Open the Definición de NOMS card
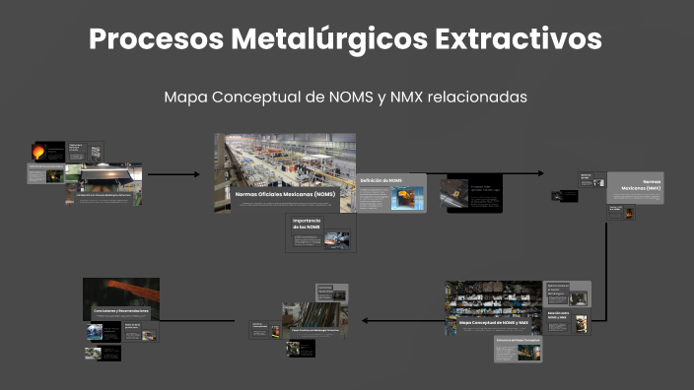pyautogui.click(x=391, y=193)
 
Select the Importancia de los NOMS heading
pyautogui.click(x=307, y=224)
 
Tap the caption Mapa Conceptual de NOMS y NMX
pyautogui.click(x=494, y=322)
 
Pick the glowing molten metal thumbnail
pyautogui.click(x=39, y=152)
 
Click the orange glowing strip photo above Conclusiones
pyautogui.click(x=120, y=292)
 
